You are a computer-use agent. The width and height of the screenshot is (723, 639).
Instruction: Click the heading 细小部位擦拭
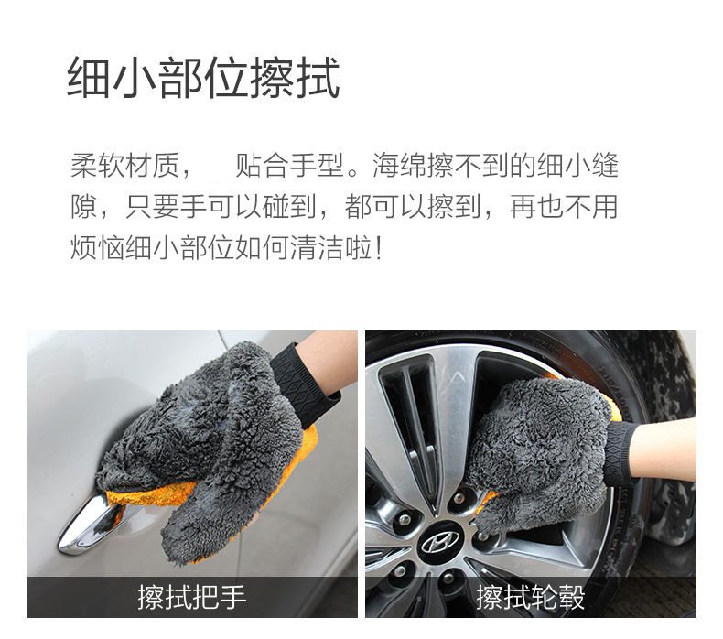tap(204, 77)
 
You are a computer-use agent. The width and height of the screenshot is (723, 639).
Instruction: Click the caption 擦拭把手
tap(192, 597)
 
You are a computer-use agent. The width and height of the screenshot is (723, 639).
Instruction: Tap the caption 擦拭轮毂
tap(530, 597)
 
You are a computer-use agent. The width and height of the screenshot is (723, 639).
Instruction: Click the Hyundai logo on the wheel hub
tap(440, 542)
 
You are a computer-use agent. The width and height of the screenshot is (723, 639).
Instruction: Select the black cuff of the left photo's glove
tap(306, 379)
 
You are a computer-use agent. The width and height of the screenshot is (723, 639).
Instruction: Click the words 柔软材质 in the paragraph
tap(124, 166)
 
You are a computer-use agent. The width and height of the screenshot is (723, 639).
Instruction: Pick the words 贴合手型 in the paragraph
tap(289, 166)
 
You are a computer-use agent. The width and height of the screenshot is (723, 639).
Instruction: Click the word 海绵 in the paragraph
tap(399, 166)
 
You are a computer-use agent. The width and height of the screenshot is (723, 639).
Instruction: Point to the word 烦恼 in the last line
tap(97, 248)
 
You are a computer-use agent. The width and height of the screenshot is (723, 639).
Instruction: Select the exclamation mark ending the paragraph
tap(379, 248)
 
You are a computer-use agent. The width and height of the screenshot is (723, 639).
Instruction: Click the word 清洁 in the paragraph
tap(318, 248)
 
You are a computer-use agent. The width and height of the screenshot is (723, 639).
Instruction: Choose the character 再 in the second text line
tap(523, 207)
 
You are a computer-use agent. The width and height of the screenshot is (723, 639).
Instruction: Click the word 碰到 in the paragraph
tap(289, 207)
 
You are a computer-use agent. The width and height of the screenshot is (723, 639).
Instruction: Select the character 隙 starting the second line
tap(84, 207)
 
